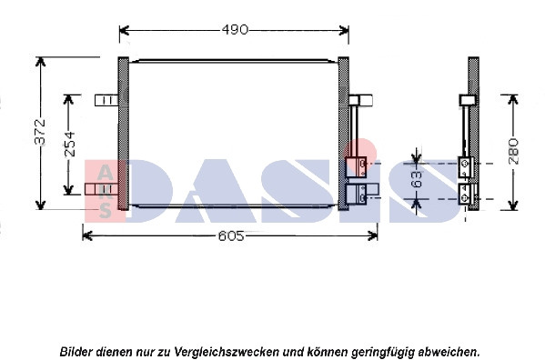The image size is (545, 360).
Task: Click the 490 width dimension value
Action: coord(235,30)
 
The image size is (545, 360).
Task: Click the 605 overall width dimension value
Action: coord(231,236)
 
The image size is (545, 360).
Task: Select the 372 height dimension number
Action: coord(40,132)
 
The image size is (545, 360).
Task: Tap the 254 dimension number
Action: coord(70,144)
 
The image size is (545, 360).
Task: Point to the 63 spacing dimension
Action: coord(417,179)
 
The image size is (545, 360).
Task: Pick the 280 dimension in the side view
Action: coord(513,151)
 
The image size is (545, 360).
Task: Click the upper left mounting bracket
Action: coord(106,100)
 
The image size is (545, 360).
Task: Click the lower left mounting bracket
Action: coord(102,189)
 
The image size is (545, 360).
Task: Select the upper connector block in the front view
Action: coord(356,167)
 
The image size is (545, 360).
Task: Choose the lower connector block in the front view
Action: coord(356,194)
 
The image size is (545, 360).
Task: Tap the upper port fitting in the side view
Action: coord(466,167)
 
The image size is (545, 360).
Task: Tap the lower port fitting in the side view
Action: coord(466,194)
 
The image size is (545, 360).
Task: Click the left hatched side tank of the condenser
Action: coord(124,134)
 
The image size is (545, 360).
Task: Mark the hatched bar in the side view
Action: coord(473,134)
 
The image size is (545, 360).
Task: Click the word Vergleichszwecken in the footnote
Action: coord(227,352)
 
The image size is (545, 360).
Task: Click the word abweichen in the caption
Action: coord(449,352)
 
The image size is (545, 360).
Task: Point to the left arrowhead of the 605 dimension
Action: coord(87,236)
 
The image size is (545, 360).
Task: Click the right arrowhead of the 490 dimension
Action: coord(344,30)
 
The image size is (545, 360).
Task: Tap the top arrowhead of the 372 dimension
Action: coord(41,62)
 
